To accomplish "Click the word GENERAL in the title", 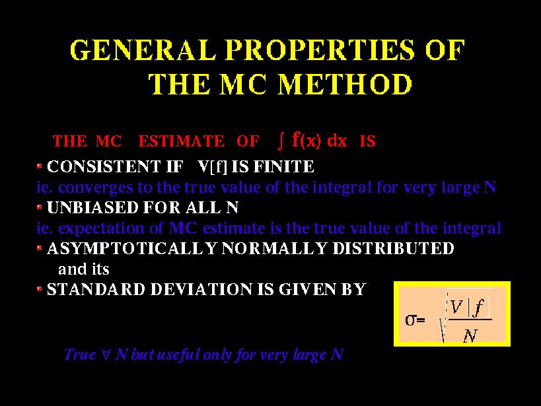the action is pyautogui.click(x=143, y=50).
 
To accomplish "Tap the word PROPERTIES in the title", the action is pyautogui.click(x=320, y=50).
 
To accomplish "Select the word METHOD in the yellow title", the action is pyautogui.click(x=345, y=84).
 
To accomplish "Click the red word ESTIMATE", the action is pyautogui.click(x=181, y=141).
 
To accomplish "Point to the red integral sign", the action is pyautogui.click(x=281, y=141).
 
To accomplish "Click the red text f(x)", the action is pyautogui.click(x=307, y=141).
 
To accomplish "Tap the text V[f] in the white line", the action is pyautogui.click(x=213, y=167).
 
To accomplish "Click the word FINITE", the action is pyautogui.click(x=283, y=166).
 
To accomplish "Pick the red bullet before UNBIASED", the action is pyautogui.click(x=40, y=207).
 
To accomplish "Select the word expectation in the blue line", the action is pyautogui.click(x=106, y=228).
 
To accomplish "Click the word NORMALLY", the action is pyautogui.click(x=274, y=248).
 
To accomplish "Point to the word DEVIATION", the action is pyautogui.click(x=201, y=289).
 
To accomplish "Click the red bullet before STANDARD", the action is pyautogui.click(x=40, y=288).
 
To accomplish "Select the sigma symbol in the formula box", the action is pyautogui.click(x=411, y=320).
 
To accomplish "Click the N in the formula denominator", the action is pyautogui.click(x=470, y=335).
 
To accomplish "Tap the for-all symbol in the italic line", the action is pyautogui.click(x=106, y=355).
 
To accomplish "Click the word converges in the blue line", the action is pyautogui.click(x=96, y=187).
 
